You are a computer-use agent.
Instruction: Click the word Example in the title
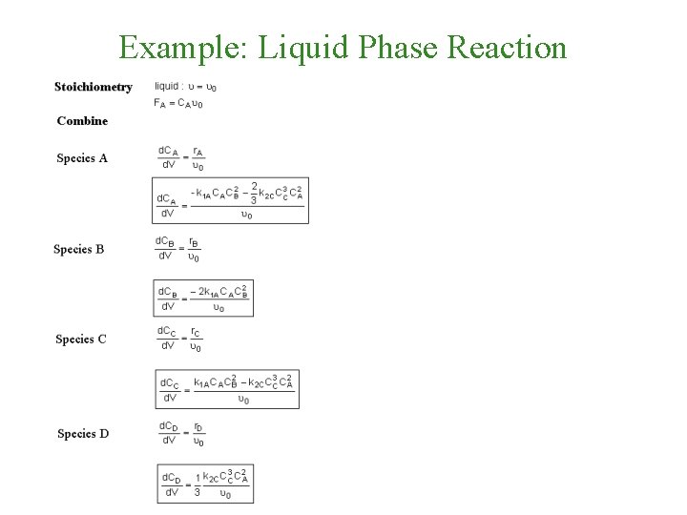[177, 46]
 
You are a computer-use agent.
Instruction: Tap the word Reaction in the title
[508, 46]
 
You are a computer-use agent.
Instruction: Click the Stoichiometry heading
[94, 87]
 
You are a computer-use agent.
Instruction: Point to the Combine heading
[82, 121]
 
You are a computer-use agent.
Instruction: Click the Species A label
[82, 158]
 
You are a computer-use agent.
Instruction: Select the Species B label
[79, 250]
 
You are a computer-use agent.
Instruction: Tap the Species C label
[81, 340]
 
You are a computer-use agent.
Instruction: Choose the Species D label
[83, 434]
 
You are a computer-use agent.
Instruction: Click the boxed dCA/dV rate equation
[230, 200]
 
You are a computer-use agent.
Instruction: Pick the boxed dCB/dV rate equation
[203, 299]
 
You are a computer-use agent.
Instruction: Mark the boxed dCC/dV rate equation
[227, 389]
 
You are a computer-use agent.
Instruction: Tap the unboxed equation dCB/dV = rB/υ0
[178, 249]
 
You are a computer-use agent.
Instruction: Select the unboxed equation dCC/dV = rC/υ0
[179, 339]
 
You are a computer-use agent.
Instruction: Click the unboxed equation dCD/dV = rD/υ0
[179, 433]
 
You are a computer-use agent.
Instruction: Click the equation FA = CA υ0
[177, 104]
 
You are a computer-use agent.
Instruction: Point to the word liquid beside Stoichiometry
[167, 87]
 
